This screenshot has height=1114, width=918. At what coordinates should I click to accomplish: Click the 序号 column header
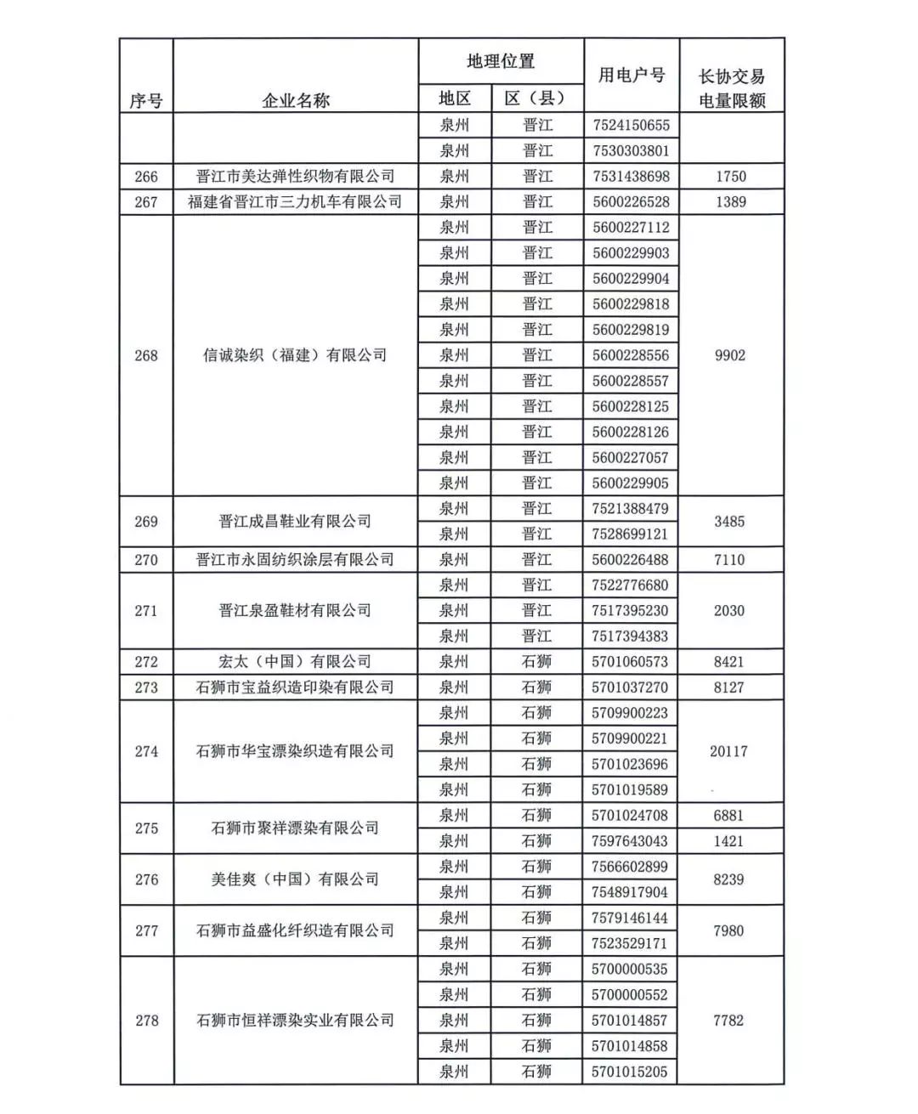[146, 100]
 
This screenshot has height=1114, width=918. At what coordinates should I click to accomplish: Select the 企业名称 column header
[295, 100]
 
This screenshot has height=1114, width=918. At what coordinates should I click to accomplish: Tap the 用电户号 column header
[631, 75]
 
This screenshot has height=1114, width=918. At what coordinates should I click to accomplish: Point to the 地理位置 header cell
[501, 61]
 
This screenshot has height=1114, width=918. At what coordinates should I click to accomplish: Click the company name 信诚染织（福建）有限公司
[295, 355]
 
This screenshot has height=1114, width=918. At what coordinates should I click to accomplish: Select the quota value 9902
[730, 355]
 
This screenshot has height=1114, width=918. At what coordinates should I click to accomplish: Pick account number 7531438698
[631, 176]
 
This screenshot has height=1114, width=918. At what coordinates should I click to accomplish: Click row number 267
[146, 201]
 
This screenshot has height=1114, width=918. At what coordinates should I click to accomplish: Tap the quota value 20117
[728, 751]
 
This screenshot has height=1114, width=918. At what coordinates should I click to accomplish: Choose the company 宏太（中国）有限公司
[295, 661]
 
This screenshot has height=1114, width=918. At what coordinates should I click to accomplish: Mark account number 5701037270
[631, 687]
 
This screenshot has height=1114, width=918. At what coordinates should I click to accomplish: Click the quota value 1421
[728, 841]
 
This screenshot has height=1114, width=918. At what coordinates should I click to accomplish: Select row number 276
[146, 879]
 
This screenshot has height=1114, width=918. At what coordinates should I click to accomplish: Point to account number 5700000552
[631, 994]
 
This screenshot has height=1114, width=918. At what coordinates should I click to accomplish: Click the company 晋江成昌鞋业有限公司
[295, 521]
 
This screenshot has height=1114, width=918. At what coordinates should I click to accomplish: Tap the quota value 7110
[729, 559]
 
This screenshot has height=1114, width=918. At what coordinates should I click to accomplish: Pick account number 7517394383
[631, 636]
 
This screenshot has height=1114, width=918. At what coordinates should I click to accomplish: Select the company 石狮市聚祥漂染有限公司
[295, 828]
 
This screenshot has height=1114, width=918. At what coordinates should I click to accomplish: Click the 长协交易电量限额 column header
[731, 88]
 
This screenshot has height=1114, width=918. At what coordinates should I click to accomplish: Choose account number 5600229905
[631, 483]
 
